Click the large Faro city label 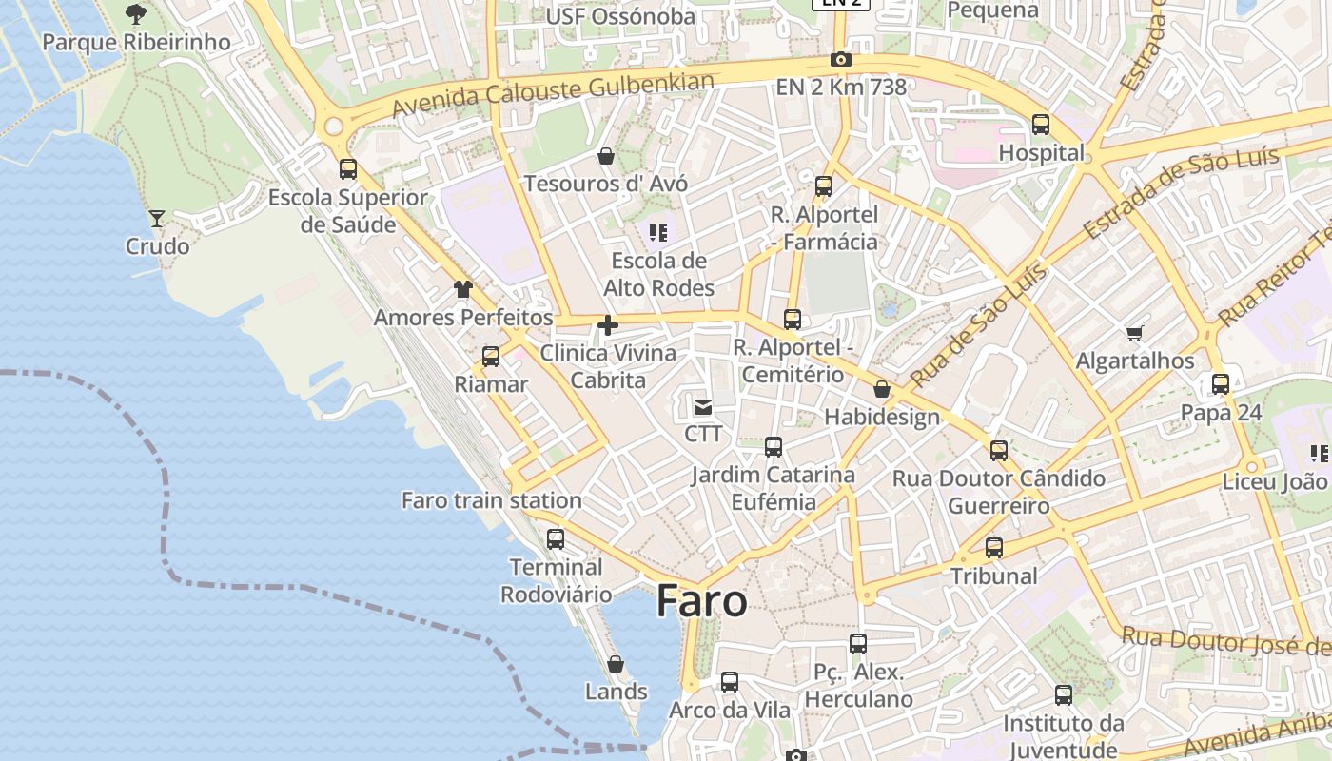(x=702, y=601)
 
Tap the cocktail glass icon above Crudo (x=157, y=218)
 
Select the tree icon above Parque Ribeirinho (x=136, y=13)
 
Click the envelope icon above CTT (x=703, y=407)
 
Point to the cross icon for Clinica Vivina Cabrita (x=607, y=326)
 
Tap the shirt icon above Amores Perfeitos (x=463, y=289)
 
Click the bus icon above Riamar (x=491, y=357)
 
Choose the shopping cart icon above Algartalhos (x=1134, y=333)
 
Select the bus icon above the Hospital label (x=1041, y=125)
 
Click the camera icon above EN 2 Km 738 (x=840, y=59)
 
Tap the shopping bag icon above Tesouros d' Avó (x=606, y=155)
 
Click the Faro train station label (x=491, y=500)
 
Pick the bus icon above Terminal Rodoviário (x=556, y=539)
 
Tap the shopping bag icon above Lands (x=616, y=664)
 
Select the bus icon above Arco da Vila (x=730, y=682)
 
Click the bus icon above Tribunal (x=994, y=548)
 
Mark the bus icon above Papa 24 (x=1221, y=384)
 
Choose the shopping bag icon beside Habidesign (x=882, y=389)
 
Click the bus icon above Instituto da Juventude (x=1064, y=695)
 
